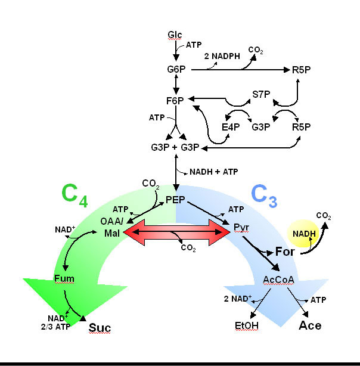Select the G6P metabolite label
click(x=176, y=70)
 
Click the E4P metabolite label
click(x=230, y=126)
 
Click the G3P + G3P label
click(x=176, y=147)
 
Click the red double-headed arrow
click(x=176, y=231)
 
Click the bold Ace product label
click(x=310, y=325)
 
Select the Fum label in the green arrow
click(x=64, y=278)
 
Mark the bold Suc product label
click(x=100, y=327)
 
